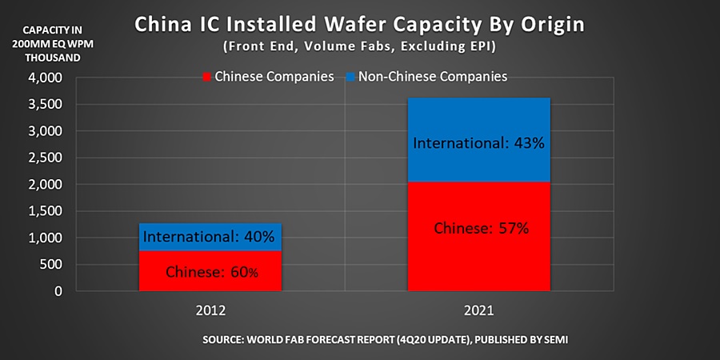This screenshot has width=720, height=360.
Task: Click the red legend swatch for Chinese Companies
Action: click(x=206, y=78)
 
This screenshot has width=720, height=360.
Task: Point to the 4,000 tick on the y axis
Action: click(x=46, y=78)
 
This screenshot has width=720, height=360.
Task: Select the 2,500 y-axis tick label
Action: click(x=46, y=158)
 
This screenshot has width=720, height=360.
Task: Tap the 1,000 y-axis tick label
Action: click(x=46, y=238)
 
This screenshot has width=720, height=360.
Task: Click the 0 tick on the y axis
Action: click(x=58, y=291)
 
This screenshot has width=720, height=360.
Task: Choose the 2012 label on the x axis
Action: click(x=211, y=309)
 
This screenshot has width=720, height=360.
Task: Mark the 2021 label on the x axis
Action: click(x=481, y=309)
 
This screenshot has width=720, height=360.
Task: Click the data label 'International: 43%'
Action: click(x=481, y=144)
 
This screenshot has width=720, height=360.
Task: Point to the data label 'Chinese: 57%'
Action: click(x=481, y=228)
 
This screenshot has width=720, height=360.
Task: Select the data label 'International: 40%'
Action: click(x=210, y=237)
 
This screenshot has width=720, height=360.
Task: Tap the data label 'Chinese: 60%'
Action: click(x=212, y=272)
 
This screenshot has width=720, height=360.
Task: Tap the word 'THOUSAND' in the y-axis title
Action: click(x=46, y=58)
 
